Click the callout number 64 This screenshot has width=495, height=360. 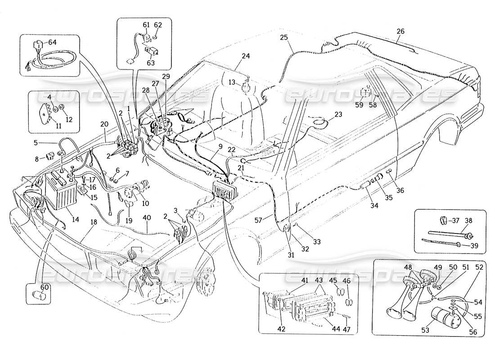pos(53,42)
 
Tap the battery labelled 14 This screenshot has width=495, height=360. pos(58,193)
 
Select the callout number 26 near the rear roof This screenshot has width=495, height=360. pos(400,31)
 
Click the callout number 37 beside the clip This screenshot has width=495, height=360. pos(455,220)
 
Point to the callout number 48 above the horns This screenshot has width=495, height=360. pos(408,267)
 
